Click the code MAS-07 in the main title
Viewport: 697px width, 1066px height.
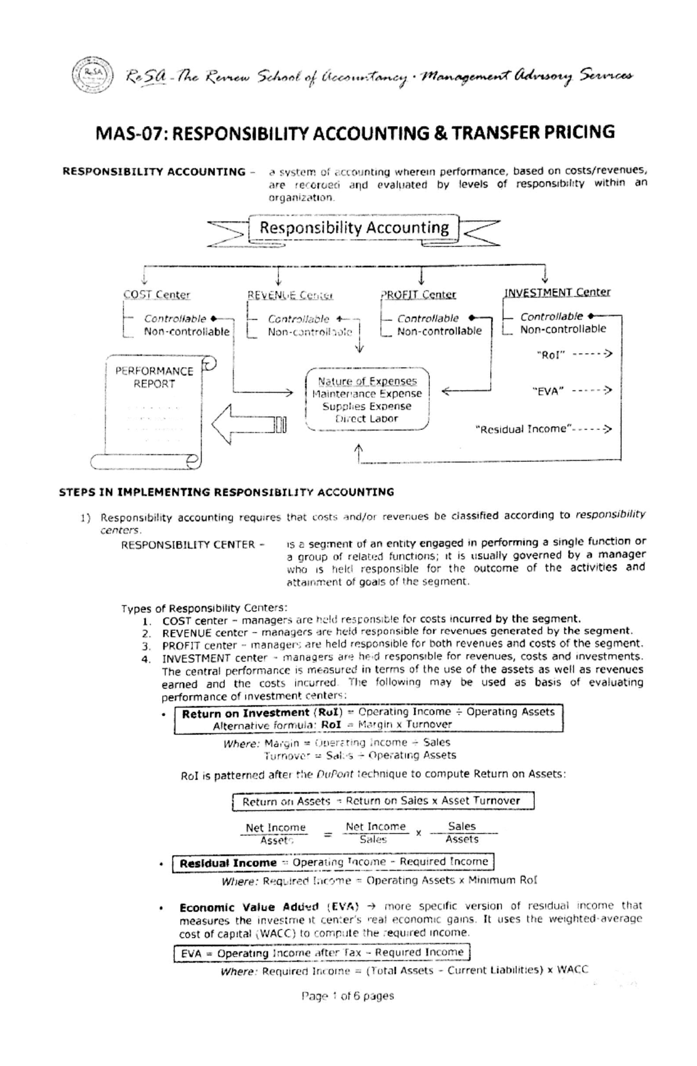click(x=129, y=134)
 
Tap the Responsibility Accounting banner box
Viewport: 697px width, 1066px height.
click(x=354, y=228)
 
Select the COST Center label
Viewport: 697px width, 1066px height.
click(x=157, y=295)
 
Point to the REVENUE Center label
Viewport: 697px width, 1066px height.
click(x=290, y=295)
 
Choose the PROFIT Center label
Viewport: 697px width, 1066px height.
click(x=418, y=295)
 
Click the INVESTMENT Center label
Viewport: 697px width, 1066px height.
click(x=557, y=292)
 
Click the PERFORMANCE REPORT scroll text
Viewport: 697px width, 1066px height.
click(x=154, y=377)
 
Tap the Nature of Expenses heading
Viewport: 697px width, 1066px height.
click(x=367, y=381)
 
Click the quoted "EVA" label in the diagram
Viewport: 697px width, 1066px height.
click(x=548, y=392)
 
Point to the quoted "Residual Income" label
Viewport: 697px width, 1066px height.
click(x=523, y=429)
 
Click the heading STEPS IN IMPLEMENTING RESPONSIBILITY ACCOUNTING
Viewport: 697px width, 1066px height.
click(x=227, y=492)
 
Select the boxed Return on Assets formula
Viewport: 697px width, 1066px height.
click(x=382, y=801)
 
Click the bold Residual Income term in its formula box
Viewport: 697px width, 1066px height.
click(x=228, y=863)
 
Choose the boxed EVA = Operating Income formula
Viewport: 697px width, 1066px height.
click(x=321, y=953)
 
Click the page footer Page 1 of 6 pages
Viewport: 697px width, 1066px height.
click(x=347, y=996)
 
